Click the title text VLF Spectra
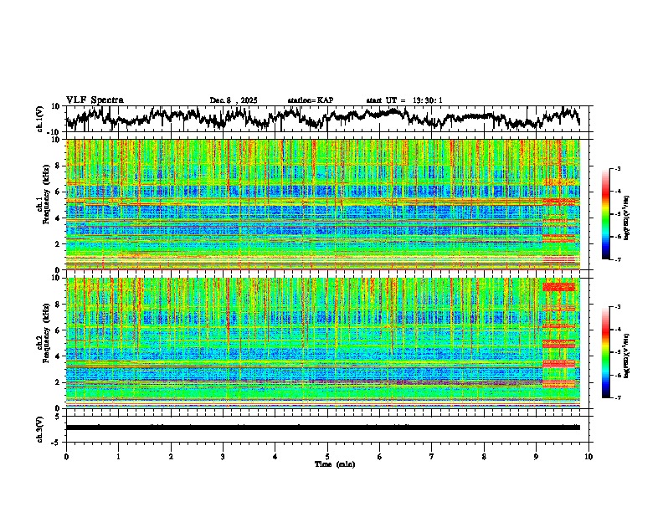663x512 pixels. click(x=95, y=100)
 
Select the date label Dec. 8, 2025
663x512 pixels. click(x=234, y=100)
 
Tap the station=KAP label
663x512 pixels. click(x=310, y=100)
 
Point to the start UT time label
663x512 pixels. click(x=403, y=100)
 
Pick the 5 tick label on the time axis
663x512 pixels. click(x=327, y=456)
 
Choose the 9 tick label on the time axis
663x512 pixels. click(x=537, y=456)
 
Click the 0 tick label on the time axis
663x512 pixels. click(x=66, y=456)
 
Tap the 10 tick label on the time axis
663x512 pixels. click(x=588, y=456)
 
